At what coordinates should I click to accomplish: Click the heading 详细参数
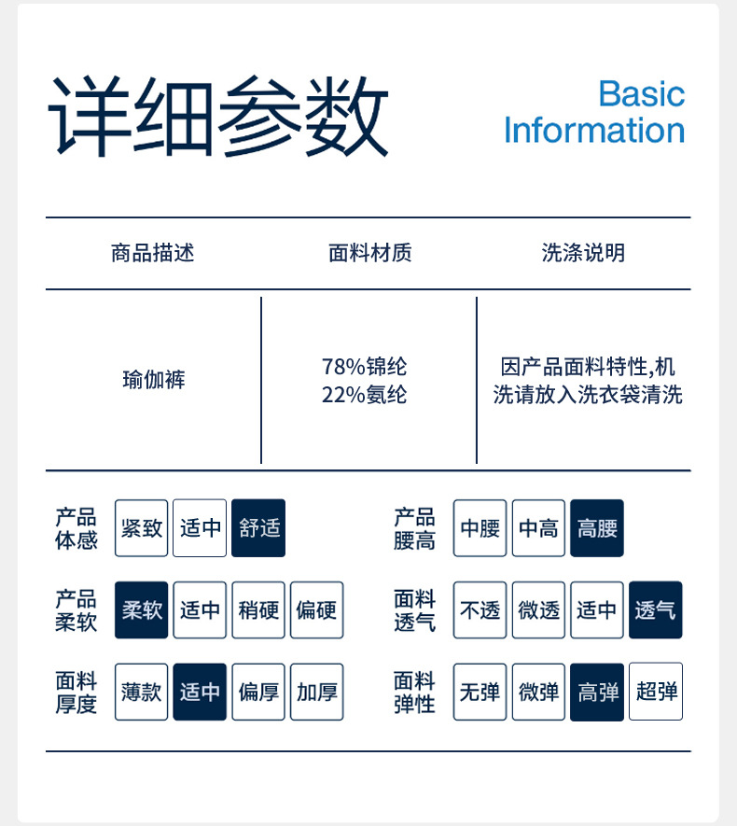[218, 117]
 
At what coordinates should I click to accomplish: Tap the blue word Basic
[641, 94]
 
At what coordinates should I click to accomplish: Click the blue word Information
[594, 131]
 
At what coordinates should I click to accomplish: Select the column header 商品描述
[153, 253]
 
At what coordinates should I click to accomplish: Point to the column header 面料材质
[369, 253]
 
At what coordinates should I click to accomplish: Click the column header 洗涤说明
[583, 253]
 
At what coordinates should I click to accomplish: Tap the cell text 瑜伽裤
[153, 380]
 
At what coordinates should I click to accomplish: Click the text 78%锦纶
[364, 367]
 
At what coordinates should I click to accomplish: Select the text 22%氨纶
[364, 395]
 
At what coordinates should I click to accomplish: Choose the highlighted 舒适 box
[258, 528]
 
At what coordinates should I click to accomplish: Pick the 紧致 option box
[142, 528]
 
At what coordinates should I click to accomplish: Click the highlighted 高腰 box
[597, 528]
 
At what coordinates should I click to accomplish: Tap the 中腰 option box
[480, 528]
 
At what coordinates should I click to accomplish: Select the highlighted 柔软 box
[142, 610]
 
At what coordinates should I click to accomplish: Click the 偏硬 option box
[317, 610]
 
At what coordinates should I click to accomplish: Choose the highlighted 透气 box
[656, 610]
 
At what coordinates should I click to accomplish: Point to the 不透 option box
[480, 610]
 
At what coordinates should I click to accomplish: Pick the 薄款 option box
[142, 692]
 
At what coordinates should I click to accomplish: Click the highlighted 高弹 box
[597, 692]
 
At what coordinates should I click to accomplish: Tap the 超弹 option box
[656, 692]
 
